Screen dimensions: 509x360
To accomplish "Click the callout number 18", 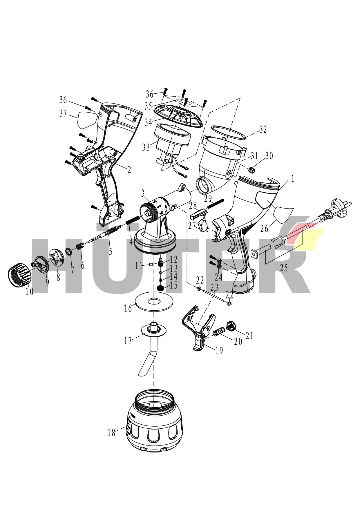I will pos(111,433).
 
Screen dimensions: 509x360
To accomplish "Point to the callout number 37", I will pos(63,114).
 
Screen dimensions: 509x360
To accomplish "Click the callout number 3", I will pos(143,193).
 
